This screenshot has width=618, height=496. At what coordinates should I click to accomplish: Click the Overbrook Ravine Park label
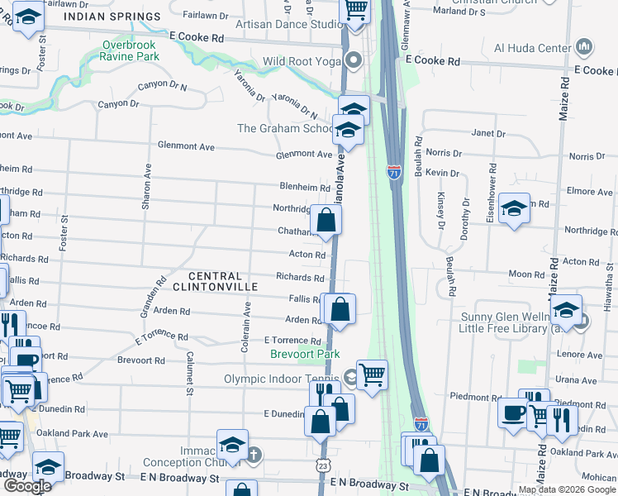point(131,51)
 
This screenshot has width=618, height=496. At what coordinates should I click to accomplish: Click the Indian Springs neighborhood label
point(124,17)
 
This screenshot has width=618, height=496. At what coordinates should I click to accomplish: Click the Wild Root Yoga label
point(302,61)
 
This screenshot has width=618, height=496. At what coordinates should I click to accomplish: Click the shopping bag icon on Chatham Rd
point(326,221)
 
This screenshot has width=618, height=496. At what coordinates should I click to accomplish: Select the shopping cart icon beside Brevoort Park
point(373,374)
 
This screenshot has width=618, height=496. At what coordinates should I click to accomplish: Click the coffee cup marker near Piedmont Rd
point(513,412)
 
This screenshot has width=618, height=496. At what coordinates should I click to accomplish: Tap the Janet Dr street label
point(487,133)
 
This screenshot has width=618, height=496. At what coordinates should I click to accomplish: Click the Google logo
point(26,486)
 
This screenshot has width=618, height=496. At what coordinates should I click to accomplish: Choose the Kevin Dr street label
point(443,172)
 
